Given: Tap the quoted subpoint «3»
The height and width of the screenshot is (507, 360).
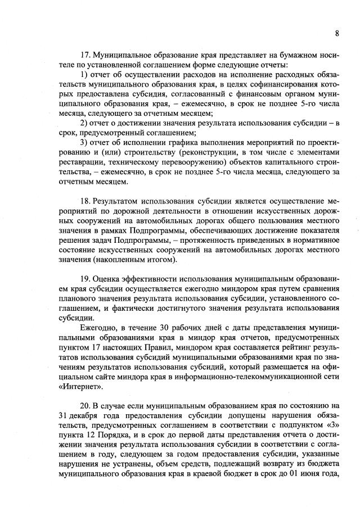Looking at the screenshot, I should [332, 425].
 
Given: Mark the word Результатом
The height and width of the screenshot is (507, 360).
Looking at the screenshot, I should [117, 200].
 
